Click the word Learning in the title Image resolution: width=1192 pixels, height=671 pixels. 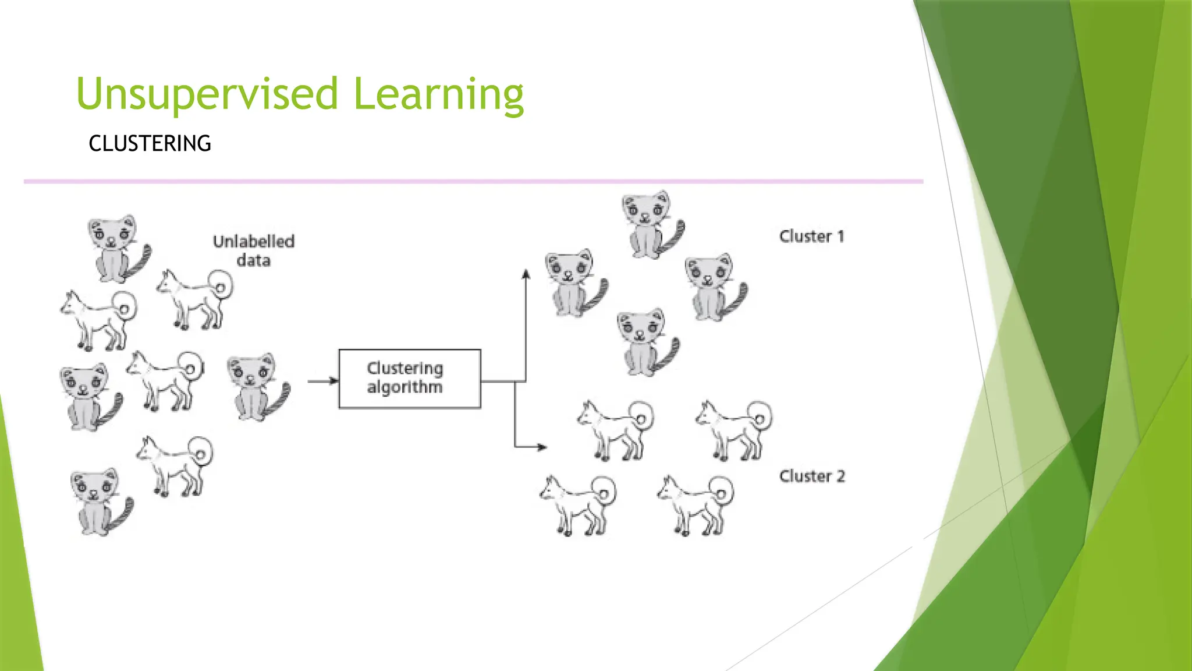438,94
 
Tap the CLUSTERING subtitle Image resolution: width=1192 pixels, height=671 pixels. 150,143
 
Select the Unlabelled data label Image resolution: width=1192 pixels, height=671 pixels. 254,250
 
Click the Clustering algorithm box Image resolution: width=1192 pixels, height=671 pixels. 410,379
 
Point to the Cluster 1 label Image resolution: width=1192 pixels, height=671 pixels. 811,236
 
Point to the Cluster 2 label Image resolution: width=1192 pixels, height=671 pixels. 811,476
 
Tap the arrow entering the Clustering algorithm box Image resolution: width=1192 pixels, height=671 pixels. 323,381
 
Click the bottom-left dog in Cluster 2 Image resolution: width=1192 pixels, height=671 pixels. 578,505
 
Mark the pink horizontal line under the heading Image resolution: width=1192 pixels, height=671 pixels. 473,182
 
